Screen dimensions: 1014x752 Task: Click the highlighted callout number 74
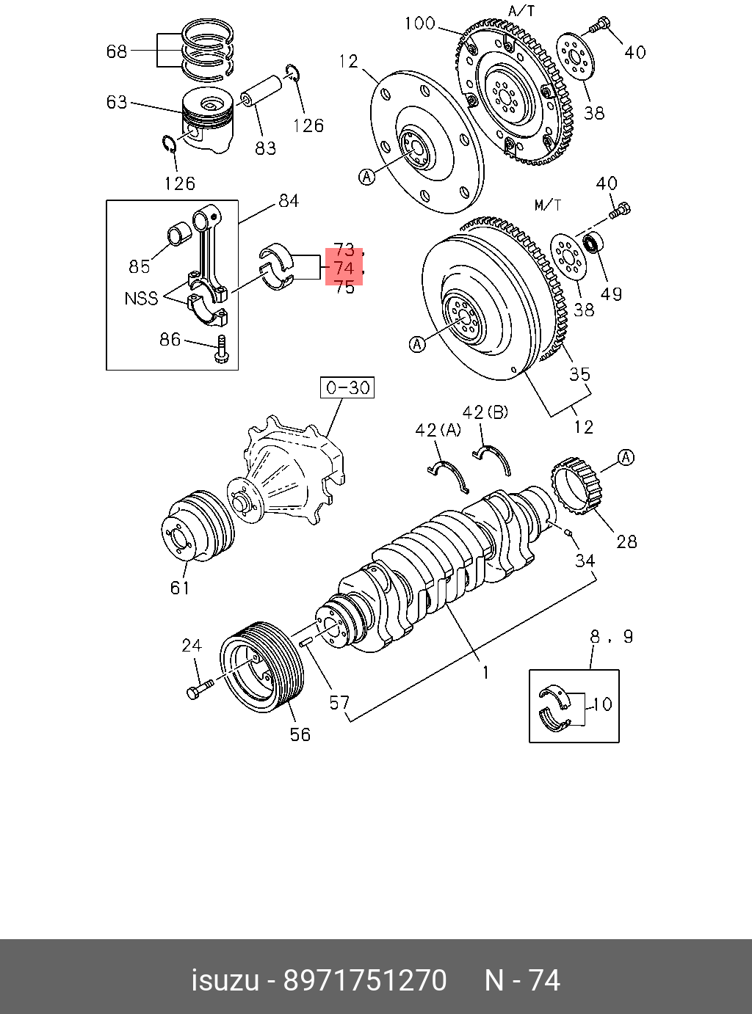[344, 269]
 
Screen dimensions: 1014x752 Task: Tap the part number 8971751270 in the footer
[365, 980]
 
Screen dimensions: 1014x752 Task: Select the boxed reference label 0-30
[347, 387]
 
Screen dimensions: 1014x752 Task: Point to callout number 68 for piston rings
[117, 51]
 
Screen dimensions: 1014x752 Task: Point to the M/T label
[547, 205]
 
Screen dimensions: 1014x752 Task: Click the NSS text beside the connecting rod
[141, 299]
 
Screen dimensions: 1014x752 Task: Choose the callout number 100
[419, 23]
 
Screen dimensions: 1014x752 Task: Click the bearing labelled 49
[593, 241]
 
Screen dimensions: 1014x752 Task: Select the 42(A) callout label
[438, 430]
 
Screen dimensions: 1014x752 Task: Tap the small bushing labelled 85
[180, 236]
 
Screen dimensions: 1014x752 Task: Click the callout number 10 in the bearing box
[601, 704]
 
